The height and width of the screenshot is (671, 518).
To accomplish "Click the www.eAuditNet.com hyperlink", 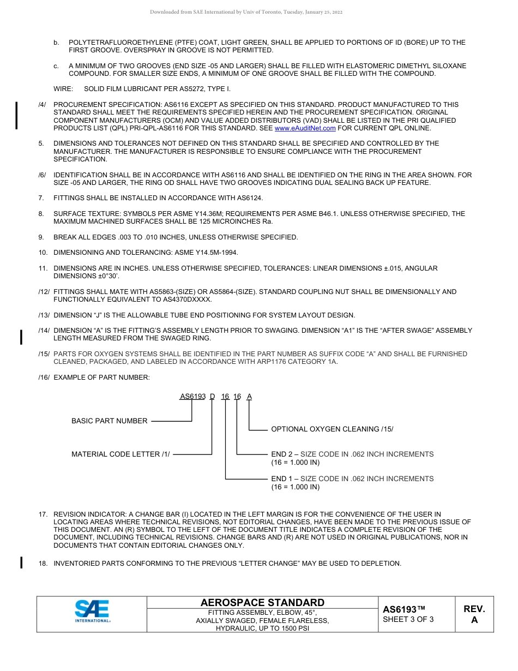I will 305,128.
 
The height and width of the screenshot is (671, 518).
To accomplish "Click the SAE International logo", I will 93,611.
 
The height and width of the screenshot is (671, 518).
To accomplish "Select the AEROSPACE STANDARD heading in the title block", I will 262,602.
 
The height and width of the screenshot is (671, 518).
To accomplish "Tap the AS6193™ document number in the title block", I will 403,609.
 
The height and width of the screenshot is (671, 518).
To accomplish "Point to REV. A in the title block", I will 474,614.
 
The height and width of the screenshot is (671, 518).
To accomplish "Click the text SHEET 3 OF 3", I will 408,619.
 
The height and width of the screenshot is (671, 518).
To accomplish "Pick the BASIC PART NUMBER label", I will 110,421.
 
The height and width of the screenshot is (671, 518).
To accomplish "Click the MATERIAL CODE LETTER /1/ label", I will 121,454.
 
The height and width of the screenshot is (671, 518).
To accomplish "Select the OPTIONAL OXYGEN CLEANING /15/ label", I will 332,429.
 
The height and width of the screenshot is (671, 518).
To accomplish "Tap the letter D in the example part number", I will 212,397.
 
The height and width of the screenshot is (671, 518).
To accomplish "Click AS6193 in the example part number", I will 193,397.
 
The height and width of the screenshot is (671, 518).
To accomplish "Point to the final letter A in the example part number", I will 249,397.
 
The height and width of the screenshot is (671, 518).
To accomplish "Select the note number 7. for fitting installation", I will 41,198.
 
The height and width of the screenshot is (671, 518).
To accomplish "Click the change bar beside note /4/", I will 16,115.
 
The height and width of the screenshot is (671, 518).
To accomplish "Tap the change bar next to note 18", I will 21,562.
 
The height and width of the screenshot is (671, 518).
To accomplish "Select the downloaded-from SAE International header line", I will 246,12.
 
